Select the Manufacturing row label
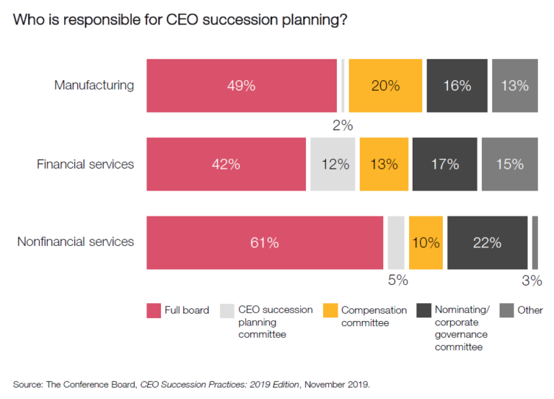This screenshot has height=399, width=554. pyautogui.click(x=94, y=85)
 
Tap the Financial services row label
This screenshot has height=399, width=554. pyautogui.click(x=85, y=164)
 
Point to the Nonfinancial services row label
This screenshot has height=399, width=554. pyautogui.click(x=75, y=242)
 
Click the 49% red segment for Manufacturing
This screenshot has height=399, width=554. pyautogui.click(x=241, y=86)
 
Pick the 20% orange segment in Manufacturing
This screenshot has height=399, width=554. pyautogui.click(x=385, y=86)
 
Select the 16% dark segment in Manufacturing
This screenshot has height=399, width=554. pyautogui.click(x=457, y=86)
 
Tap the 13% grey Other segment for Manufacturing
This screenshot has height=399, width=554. pyautogui.click(x=514, y=86)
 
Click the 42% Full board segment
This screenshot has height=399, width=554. pyautogui.click(x=226, y=164)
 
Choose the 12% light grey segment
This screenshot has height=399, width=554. pyautogui.click(x=333, y=164)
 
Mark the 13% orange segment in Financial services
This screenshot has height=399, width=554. pyautogui.click(x=383, y=164)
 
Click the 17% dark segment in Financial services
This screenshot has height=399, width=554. pyautogui.click(x=444, y=164)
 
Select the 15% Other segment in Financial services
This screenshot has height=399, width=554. pyautogui.click(x=509, y=164)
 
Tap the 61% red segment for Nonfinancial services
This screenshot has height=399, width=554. pyautogui.click(x=264, y=242)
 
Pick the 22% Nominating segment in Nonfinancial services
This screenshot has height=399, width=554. pyautogui.click(x=487, y=242)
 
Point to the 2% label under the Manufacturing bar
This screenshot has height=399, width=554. pyautogui.click(x=342, y=126)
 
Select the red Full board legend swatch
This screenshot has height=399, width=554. pyautogui.click(x=154, y=311)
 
